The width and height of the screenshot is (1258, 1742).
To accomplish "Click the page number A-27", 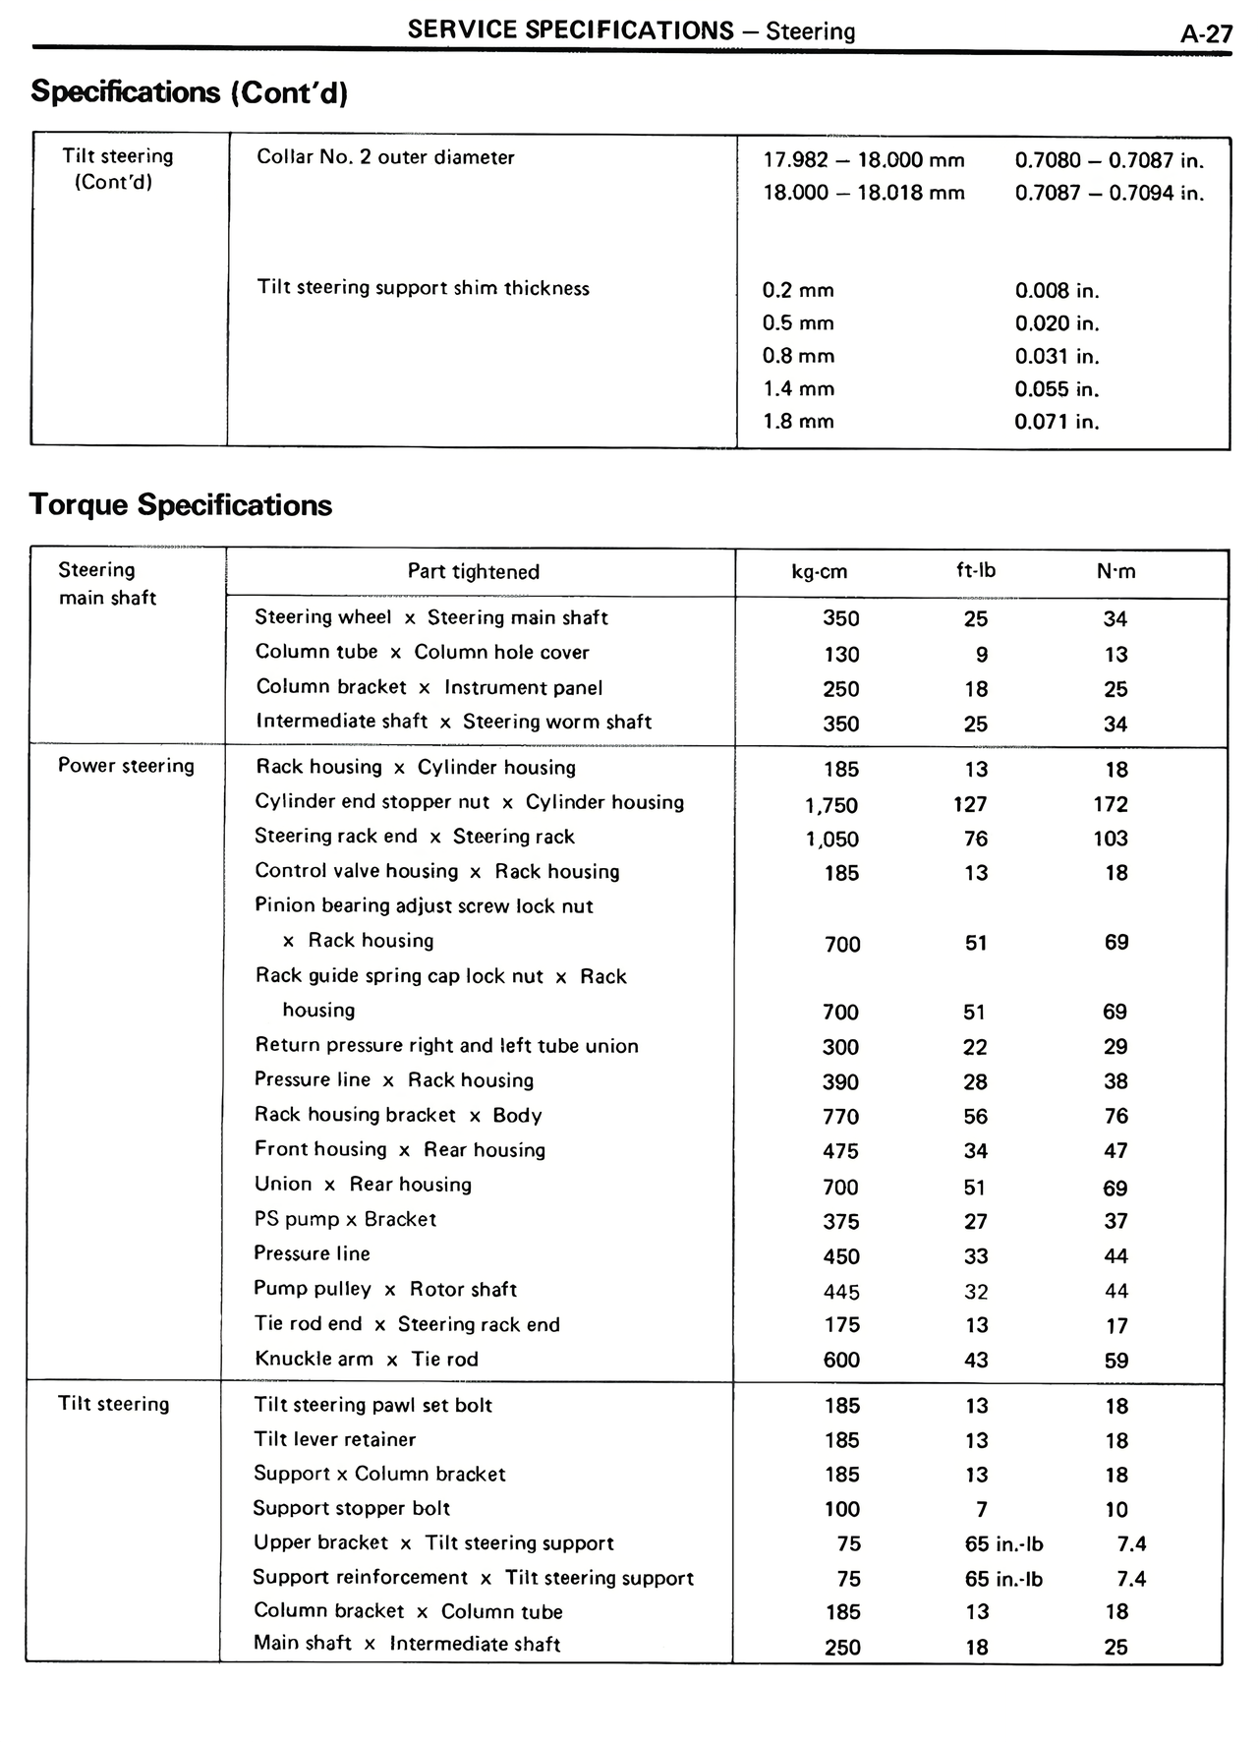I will click(x=1206, y=34).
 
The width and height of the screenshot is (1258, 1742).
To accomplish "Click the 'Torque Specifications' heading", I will click(x=181, y=505).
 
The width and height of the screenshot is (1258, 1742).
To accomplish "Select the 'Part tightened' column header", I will click(x=474, y=572).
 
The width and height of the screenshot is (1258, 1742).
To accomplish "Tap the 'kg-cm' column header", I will click(x=819, y=572).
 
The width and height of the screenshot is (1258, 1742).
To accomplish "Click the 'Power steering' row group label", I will click(x=126, y=766).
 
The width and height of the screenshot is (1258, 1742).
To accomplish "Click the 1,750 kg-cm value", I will click(x=831, y=805).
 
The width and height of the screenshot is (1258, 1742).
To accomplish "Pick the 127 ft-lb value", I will click(x=970, y=804).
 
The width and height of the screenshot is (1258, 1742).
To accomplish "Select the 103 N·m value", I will click(x=1111, y=839).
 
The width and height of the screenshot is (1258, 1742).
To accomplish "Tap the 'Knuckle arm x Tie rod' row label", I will click(x=366, y=1360).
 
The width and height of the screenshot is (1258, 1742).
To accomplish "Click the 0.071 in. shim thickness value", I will click(x=1057, y=422).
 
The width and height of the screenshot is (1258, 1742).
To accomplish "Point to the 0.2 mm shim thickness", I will click(x=798, y=291).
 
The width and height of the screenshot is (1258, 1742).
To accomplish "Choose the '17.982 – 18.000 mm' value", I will click(x=864, y=160).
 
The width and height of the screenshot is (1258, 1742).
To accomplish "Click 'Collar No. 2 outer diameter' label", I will click(x=385, y=157).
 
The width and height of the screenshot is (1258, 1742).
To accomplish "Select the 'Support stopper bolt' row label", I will click(x=352, y=1508).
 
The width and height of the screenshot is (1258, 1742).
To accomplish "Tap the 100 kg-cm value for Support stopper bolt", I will click(x=842, y=1509).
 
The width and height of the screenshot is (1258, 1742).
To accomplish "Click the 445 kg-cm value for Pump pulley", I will click(x=842, y=1292).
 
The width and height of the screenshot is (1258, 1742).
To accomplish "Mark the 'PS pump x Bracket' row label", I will click(x=345, y=1219).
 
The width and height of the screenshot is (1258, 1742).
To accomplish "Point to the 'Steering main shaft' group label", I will click(x=107, y=583).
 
